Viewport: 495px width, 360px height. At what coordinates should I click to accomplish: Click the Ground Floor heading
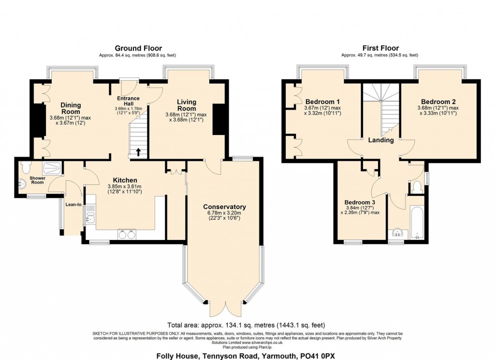pos(138,48)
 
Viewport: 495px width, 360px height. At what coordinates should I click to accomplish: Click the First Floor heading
pos(380,48)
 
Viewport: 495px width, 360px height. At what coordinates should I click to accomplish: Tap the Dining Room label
pos(71,108)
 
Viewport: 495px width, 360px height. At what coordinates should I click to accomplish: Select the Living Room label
pos(187,105)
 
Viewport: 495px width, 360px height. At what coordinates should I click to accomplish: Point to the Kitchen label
pos(125,180)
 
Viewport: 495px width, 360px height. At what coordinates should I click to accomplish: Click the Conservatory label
pos(224,207)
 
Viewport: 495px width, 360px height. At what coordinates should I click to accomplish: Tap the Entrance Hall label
pos(129,101)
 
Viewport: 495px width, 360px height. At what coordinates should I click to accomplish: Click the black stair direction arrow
pos(138,151)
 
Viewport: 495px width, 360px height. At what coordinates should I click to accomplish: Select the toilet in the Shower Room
pos(25,165)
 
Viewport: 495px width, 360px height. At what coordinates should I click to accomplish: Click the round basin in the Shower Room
pos(22,184)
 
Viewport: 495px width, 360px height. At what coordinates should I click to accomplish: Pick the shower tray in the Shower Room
pos(52,168)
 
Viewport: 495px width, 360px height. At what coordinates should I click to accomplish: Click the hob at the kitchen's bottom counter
pos(126,234)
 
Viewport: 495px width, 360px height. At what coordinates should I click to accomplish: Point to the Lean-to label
pos(73,205)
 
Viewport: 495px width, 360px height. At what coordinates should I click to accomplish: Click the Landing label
pos(381,140)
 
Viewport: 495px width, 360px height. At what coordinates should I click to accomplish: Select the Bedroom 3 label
pos(360,202)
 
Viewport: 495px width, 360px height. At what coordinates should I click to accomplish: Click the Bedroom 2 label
pos(438,102)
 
